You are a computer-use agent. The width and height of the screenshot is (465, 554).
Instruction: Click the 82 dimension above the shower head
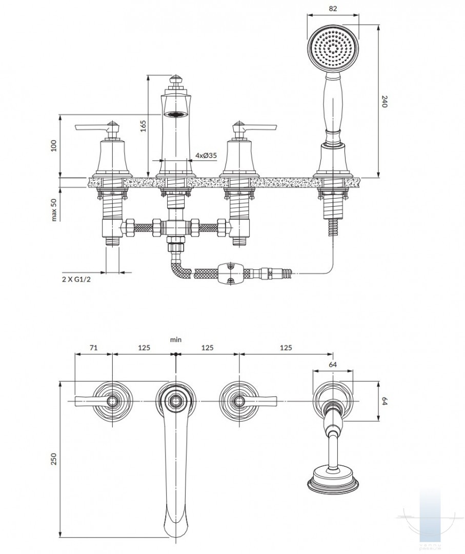333,9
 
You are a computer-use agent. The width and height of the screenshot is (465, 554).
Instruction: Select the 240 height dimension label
386,102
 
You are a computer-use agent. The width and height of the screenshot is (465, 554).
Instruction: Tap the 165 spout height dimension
143,126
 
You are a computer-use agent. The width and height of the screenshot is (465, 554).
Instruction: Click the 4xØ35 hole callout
205,155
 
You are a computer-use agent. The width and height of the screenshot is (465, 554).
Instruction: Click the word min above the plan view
176,340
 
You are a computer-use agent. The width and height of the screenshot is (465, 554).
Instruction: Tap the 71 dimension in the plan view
94,347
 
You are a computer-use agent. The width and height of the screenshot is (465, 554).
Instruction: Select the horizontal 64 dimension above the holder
332,365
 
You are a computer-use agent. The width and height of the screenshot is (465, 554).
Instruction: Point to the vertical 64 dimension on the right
386,400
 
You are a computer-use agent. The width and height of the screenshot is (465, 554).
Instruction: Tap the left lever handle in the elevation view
92,127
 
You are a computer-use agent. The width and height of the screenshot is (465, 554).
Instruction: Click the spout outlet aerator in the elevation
175,114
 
